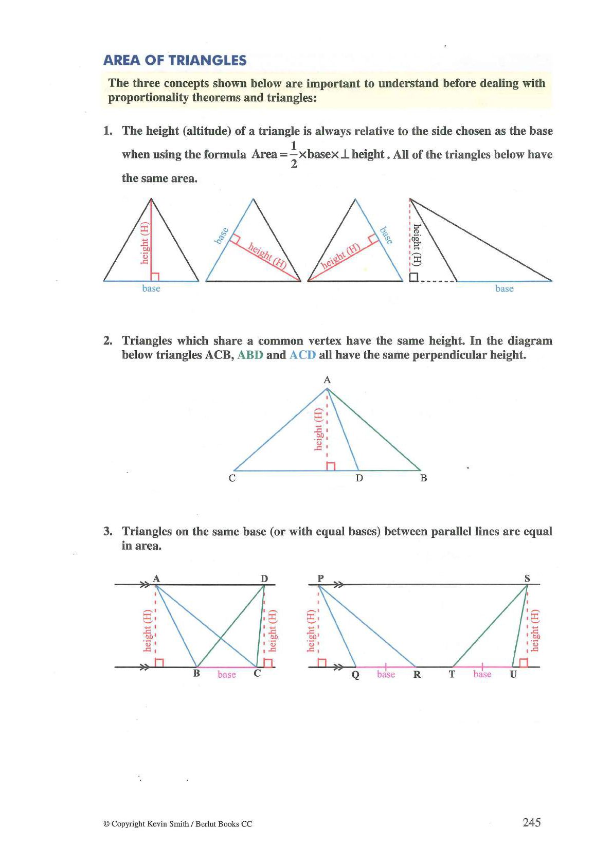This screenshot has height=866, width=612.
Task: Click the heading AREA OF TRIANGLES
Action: (175, 61)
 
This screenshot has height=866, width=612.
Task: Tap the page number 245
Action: (531, 822)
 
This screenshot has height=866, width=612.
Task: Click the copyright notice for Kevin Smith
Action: (178, 824)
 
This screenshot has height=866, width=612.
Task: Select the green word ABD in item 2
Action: (250, 355)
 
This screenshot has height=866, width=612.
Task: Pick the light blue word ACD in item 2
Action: (302, 355)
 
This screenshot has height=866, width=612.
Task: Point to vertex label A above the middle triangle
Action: (327, 380)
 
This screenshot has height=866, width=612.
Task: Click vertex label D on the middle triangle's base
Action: (359, 478)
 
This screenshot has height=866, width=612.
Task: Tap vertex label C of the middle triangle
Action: (232, 478)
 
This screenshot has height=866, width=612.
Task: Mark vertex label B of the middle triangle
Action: (423, 478)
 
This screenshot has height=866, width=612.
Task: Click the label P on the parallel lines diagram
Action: (320, 578)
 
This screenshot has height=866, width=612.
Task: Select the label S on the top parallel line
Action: (527, 578)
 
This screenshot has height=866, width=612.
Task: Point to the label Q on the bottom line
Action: (355, 675)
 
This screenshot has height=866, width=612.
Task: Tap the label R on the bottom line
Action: (417, 675)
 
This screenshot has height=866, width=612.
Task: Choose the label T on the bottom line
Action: (452, 674)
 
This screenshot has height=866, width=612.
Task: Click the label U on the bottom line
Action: (513, 674)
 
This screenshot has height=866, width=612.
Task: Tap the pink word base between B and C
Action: (226, 675)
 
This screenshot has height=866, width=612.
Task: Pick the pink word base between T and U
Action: (482, 674)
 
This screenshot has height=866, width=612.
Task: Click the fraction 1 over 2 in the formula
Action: (294, 154)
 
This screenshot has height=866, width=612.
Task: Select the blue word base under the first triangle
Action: (151, 288)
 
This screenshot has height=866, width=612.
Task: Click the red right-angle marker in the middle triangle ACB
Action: (331, 466)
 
